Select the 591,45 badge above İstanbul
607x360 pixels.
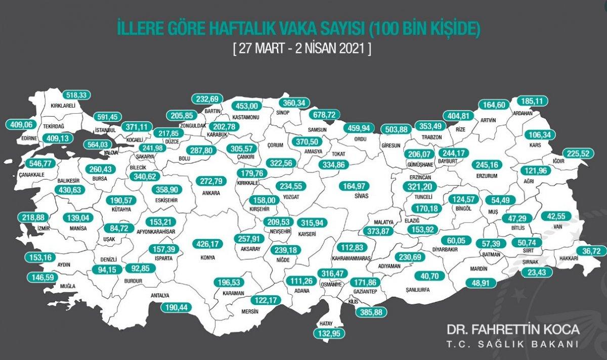(107, 117)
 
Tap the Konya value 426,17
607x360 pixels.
(208, 244)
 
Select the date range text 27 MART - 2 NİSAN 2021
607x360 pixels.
(303, 50)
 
